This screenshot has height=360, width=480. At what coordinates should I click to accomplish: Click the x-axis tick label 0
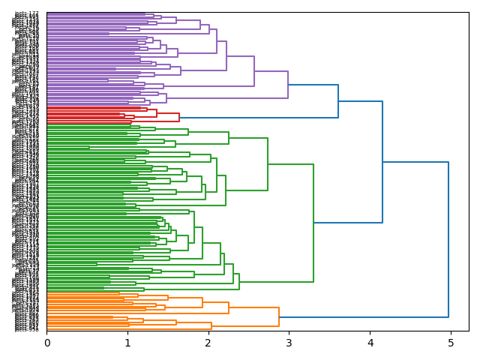tap(46, 343)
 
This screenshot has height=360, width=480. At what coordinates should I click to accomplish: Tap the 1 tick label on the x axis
tap(127, 343)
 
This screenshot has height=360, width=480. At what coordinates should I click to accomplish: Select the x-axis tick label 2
tap(208, 343)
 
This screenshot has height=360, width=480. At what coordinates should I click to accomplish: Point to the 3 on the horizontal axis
tap(289, 343)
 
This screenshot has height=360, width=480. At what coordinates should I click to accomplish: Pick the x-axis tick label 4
tap(370, 343)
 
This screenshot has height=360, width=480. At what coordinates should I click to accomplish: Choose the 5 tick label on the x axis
tap(451, 343)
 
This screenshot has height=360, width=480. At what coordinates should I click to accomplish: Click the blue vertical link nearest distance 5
tap(448, 239)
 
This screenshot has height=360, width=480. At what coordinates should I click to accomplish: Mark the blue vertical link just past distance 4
tap(382, 162)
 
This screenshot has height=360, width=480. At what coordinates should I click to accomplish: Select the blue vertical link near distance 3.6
tap(338, 101)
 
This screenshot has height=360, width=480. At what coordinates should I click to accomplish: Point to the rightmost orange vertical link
tap(279, 316)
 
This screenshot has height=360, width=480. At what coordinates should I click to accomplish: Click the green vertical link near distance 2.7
tap(268, 164)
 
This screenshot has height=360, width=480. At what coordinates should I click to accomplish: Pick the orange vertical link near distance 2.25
tap(229, 307)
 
